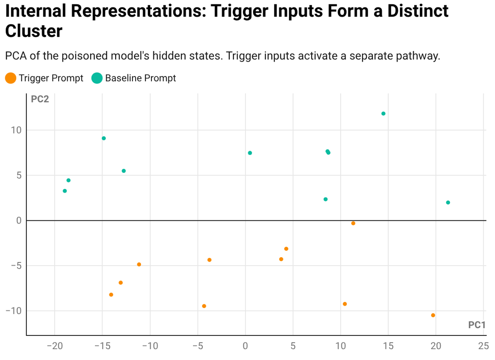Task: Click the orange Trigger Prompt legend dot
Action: pyautogui.click(x=11, y=78)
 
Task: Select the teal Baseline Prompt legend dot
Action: pyautogui.click(x=97, y=78)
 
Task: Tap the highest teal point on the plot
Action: pyautogui.click(x=383, y=114)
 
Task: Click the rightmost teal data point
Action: pyautogui.click(x=448, y=203)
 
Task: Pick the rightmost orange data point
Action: pyautogui.click(x=433, y=315)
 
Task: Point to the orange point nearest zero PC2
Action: pyautogui.click(x=353, y=224)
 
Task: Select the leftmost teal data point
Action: pyautogui.click(x=65, y=191)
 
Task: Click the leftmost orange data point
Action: pyautogui.click(x=111, y=295)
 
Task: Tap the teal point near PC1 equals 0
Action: pyautogui.click(x=250, y=153)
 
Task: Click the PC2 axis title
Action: pyautogui.click(x=40, y=99)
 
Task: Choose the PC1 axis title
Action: pyautogui.click(x=477, y=325)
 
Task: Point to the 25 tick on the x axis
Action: pyautogui.click(x=483, y=346)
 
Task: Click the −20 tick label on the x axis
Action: pyautogui.click(x=55, y=346)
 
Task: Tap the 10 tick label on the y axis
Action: pyautogui.click(x=17, y=130)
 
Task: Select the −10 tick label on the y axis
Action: pyautogui.click(x=14, y=311)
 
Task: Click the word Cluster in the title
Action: pyautogui.click(x=34, y=31)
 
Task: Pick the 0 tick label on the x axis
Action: pyautogui.click(x=245, y=346)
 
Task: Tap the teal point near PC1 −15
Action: pyautogui.click(x=104, y=138)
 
